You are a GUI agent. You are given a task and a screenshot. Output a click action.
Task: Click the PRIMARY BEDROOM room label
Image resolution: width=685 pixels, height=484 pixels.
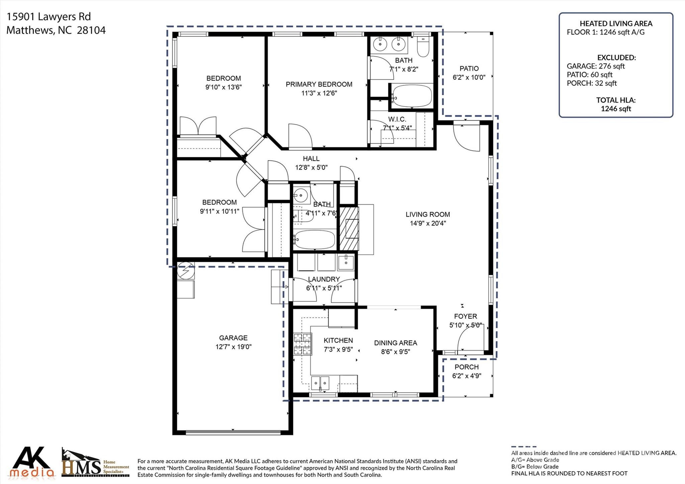(319, 84)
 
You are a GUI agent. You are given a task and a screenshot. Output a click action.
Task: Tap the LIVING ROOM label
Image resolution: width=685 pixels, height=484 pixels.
(428, 214)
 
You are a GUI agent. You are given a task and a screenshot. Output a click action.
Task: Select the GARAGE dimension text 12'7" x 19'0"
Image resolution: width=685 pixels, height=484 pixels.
(233, 347)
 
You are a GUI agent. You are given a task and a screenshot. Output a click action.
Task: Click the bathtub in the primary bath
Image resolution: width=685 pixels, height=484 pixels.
(412, 96)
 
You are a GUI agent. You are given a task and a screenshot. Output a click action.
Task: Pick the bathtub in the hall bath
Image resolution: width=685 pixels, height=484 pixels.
(314, 239)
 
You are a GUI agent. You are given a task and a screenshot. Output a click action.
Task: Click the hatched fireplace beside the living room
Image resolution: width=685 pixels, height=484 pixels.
(349, 229)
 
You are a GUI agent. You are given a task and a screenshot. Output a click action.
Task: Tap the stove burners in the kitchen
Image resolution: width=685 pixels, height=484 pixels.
(302, 344)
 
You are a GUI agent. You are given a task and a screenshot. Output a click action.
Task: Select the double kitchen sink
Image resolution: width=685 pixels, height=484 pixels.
(320, 383)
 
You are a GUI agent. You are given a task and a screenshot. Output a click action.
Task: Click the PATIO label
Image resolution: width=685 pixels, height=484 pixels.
(469, 69)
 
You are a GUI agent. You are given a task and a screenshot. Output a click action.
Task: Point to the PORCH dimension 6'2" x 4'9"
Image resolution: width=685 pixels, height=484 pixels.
(467, 376)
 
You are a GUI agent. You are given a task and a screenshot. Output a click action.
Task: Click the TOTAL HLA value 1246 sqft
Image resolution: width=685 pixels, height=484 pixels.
(616, 109)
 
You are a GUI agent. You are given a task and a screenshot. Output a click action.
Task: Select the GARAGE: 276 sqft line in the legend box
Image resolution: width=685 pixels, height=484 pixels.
(596, 66)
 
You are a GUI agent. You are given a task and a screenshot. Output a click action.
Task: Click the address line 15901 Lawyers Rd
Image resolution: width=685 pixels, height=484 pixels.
(49, 17)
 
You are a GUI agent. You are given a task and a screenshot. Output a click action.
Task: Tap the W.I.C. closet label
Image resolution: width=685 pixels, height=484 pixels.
(397, 119)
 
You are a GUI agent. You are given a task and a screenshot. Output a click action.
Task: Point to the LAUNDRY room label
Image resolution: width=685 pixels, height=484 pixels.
(324, 279)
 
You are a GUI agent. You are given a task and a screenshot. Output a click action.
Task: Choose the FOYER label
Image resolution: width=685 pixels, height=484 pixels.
(466, 316)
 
